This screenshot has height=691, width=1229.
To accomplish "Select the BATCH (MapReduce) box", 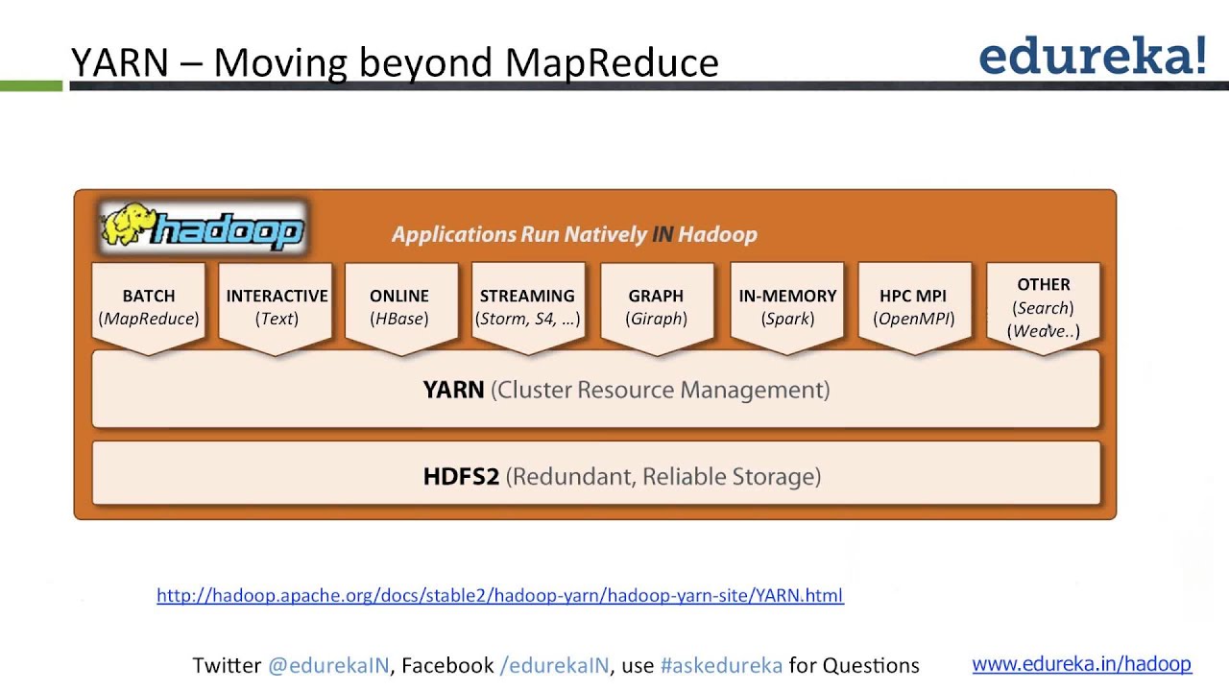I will coord(149,307).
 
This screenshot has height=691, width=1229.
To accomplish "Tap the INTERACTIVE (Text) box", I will coord(277,307).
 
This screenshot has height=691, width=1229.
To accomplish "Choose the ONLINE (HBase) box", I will coord(399,307).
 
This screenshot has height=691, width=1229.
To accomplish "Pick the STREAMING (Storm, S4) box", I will coord(527,307).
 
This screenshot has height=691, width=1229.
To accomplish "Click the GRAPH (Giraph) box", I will coord(656,307).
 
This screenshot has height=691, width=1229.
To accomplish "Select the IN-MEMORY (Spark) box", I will coord(787,307).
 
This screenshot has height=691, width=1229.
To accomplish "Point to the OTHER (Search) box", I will coord(1044,307).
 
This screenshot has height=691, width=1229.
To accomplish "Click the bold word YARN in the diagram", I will coord(453,390).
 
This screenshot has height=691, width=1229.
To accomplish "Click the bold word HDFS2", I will coord(461,476).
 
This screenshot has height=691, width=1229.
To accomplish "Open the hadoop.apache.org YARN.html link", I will coord(499,595).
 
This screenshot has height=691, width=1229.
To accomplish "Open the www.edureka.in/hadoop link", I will coord(1081,663).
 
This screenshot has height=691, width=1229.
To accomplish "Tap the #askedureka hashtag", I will coord(721,665).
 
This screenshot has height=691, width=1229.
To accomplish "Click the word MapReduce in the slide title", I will coord(612,62).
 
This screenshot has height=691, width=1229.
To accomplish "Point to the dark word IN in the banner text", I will coord(663,234).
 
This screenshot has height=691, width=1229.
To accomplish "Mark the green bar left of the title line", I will coord(31,86).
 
